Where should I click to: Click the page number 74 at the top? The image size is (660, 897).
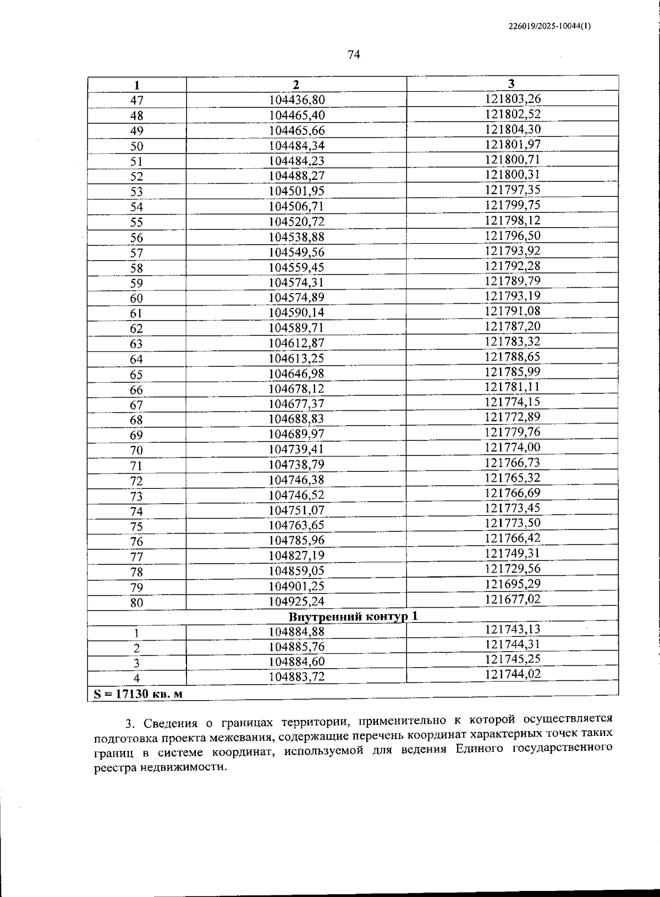354,54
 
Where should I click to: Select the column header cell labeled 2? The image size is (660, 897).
296,85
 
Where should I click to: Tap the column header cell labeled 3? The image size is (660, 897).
512,84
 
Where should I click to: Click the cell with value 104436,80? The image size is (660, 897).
296,100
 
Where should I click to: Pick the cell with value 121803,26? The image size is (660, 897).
513,99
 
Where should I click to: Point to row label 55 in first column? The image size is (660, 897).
136,222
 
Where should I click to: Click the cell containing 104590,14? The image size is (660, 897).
296,313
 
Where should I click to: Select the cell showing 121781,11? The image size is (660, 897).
513,387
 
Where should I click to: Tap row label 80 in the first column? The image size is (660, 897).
136,603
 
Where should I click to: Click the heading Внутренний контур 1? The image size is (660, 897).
353,616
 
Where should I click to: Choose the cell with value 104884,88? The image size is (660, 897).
296,632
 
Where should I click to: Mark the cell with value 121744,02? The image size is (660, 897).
513,674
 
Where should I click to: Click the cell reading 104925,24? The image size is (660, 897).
296,601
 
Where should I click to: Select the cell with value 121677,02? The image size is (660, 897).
513,598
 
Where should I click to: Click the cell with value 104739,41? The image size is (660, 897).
296,449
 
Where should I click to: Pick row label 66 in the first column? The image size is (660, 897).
136,390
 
